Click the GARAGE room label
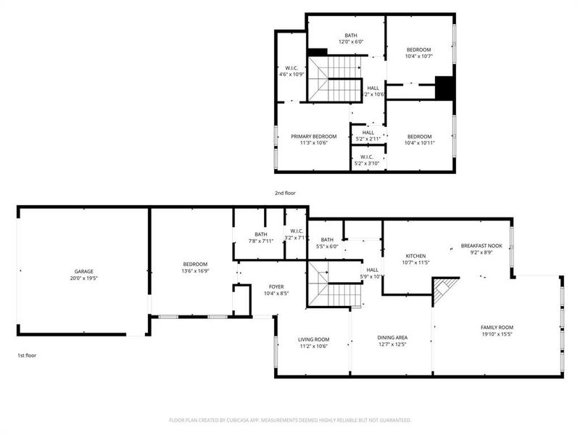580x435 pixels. click(x=84, y=271)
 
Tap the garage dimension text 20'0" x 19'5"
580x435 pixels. click(x=84, y=278)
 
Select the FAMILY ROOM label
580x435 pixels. click(x=496, y=328)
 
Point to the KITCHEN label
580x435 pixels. click(x=415, y=256)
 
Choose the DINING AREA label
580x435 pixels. click(x=391, y=337)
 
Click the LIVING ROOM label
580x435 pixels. click(x=314, y=339)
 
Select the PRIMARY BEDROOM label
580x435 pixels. click(x=314, y=136)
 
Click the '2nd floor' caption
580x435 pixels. click(x=284, y=193)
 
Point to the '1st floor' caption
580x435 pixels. click(x=28, y=355)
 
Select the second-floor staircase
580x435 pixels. click(x=335, y=78)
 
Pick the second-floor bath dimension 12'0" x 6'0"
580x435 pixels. click(x=351, y=42)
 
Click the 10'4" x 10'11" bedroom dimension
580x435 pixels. click(x=419, y=144)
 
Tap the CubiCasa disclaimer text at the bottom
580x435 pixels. click(x=290, y=420)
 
